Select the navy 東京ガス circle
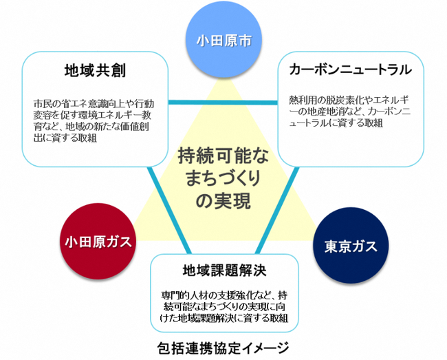coord(349,246)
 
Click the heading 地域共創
coord(94,71)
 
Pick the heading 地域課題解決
coord(224,268)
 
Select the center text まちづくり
coord(224,178)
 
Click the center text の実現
coord(224,201)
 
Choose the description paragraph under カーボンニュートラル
coord(350,110)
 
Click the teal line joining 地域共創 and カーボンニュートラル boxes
coord(223,104)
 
